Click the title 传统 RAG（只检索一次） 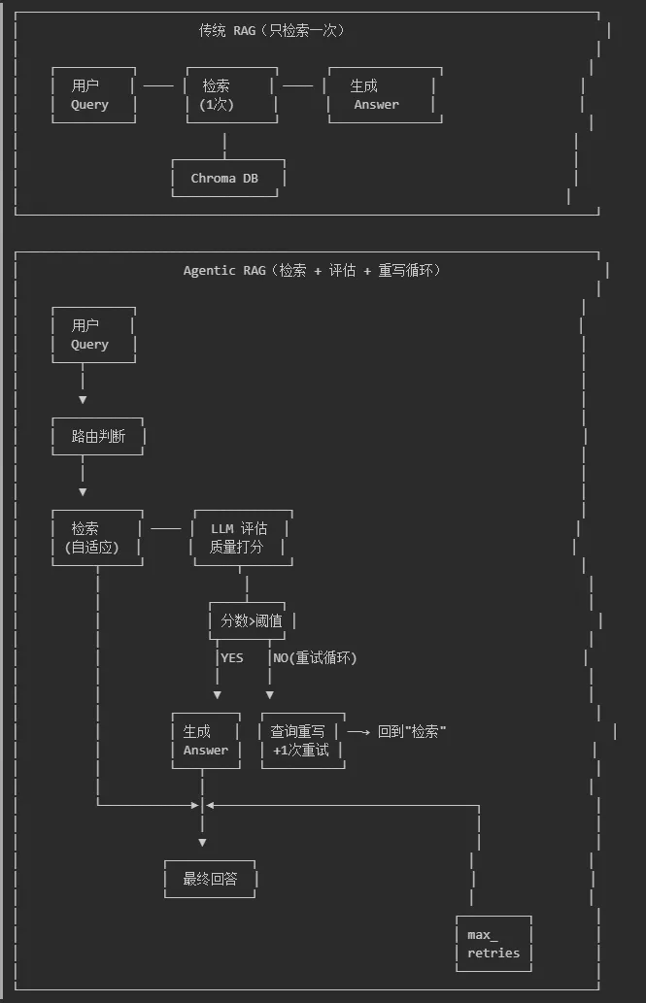pyautogui.click(x=272, y=30)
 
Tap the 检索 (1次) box pyautogui.click(x=231, y=95)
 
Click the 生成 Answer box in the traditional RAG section pyautogui.click(x=385, y=95)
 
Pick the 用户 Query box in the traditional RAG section pyautogui.click(x=92, y=95)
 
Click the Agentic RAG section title pyautogui.click(x=312, y=270)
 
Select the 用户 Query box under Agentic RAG pyautogui.click(x=92, y=335)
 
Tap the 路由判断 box pyautogui.click(x=98, y=436)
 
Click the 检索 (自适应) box pyautogui.click(x=97, y=537)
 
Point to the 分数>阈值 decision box pyautogui.click(x=250, y=620)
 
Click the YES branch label pyautogui.click(x=232, y=657)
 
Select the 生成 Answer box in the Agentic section pyautogui.click(x=206, y=740)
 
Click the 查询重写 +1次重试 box pyautogui.click(x=302, y=740)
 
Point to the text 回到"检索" pyautogui.click(x=412, y=731)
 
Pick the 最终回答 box pyautogui.click(x=210, y=879)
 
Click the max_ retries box pyautogui.click(x=493, y=944)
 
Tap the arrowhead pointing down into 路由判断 pyautogui.click(x=83, y=399)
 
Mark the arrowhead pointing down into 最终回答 pyautogui.click(x=202, y=842)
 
